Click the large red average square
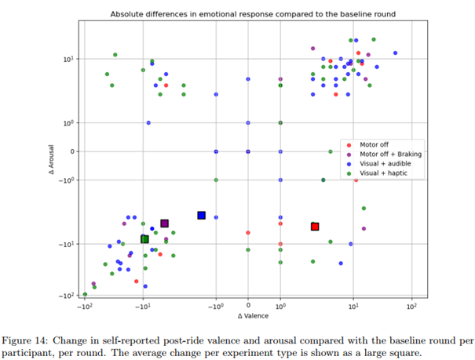click(315, 227)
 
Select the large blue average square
click(201, 215)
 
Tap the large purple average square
click(164, 224)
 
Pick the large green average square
click(144, 239)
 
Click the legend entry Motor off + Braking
click(390, 155)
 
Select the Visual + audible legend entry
click(385, 163)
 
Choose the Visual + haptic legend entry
click(384, 173)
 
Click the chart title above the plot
click(253, 14)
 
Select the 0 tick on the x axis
click(248, 306)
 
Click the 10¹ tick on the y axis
click(68, 59)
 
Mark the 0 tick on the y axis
click(71, 151)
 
